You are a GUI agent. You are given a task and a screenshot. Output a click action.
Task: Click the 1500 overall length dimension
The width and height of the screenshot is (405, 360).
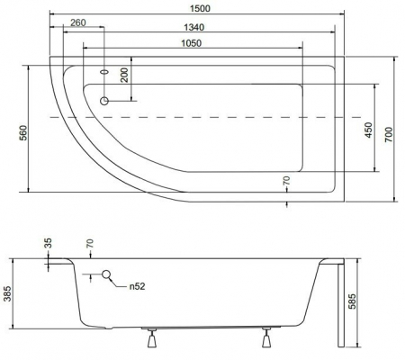(x=200, y=8)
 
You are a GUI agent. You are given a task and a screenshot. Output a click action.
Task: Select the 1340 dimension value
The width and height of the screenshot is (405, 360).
(x=193, y=27)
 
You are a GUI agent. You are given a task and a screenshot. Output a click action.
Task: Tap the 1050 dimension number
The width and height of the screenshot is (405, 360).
(x=192, y=43)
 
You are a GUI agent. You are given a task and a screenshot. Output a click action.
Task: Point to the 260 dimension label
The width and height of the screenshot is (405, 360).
(x=78, y=22)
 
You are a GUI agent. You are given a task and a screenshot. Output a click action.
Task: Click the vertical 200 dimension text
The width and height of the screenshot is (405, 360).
(x=124, y=75)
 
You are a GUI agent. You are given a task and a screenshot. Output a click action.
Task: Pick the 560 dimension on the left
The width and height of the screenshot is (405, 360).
(x=23, y=132)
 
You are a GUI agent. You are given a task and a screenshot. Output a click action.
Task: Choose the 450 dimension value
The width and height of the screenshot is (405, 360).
(x=369, y=130)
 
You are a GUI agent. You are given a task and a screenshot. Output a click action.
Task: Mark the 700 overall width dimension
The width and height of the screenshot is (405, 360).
(x=389, y=135)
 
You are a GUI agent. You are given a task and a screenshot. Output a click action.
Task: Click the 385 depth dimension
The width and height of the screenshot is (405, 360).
(x=8, y=293)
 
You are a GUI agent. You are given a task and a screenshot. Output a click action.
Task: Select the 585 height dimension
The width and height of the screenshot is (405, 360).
(x=352, y=301)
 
